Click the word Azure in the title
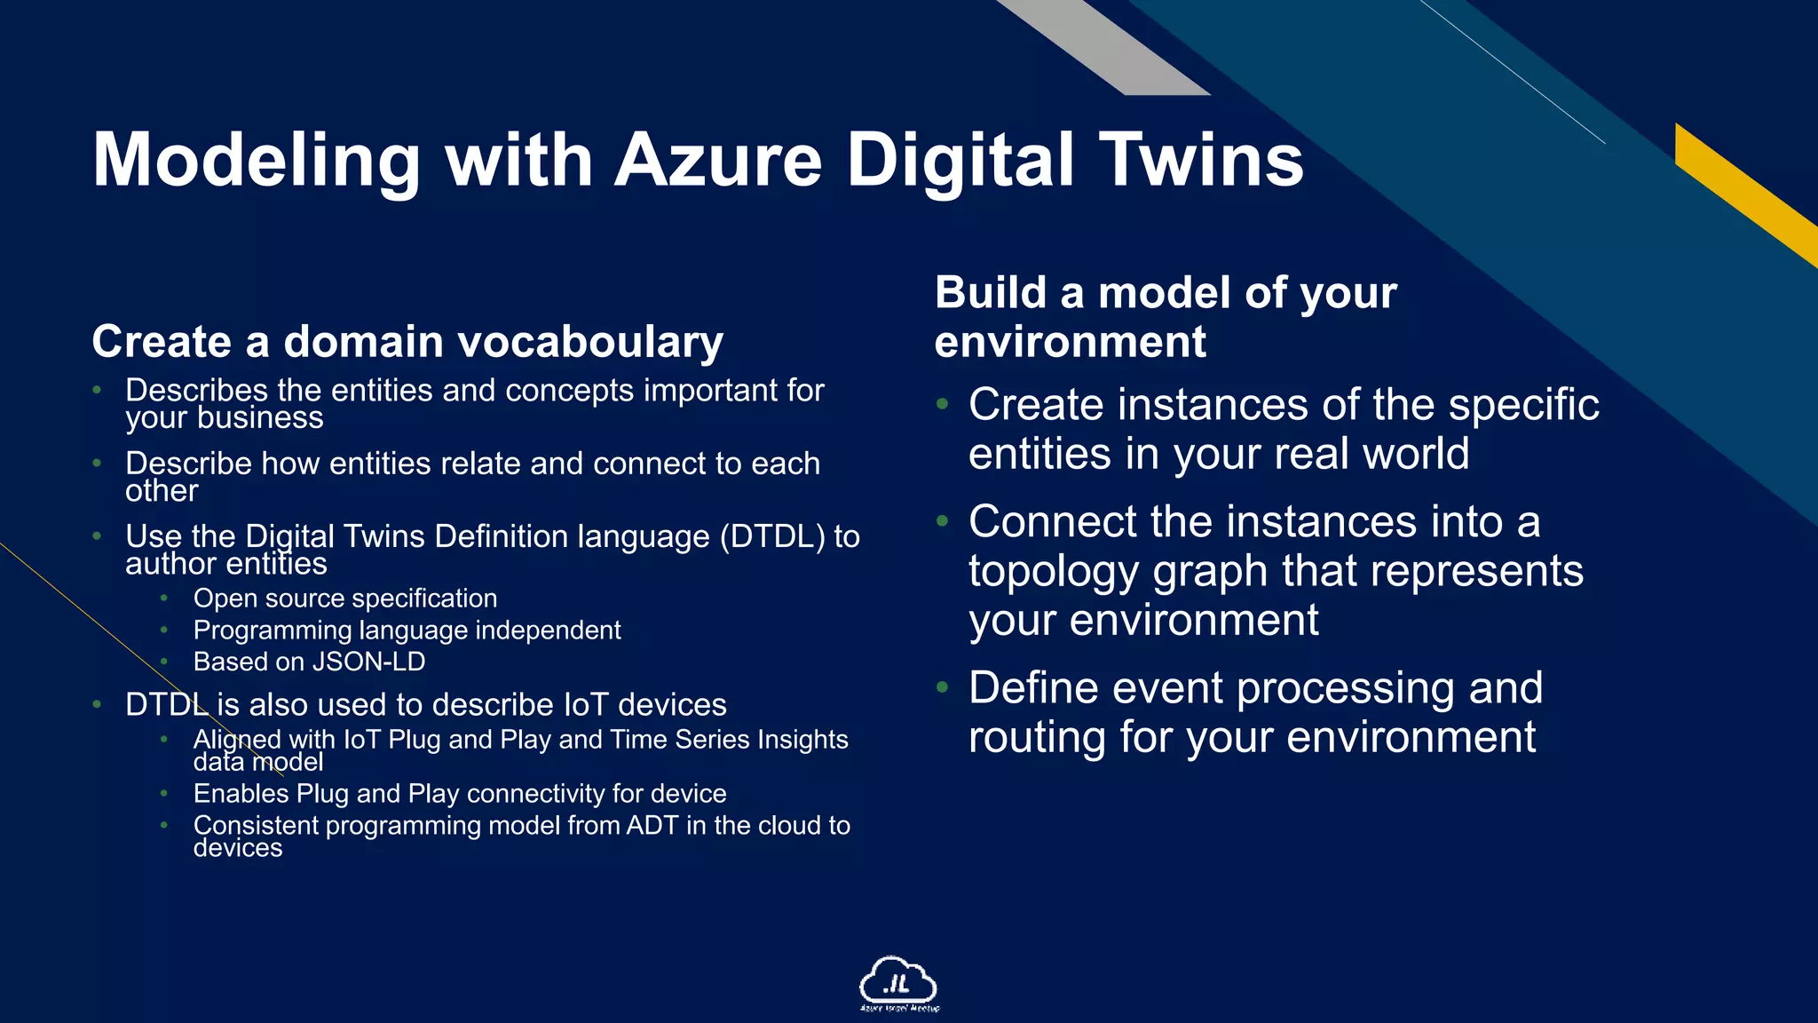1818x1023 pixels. coord(718,160)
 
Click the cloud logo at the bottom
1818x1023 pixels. coord(898,983)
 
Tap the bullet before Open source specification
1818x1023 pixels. coord(164,599)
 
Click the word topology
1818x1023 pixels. coord(1053,571)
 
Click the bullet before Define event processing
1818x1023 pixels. coord(943,687)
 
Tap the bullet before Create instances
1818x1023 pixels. coord(943,405)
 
